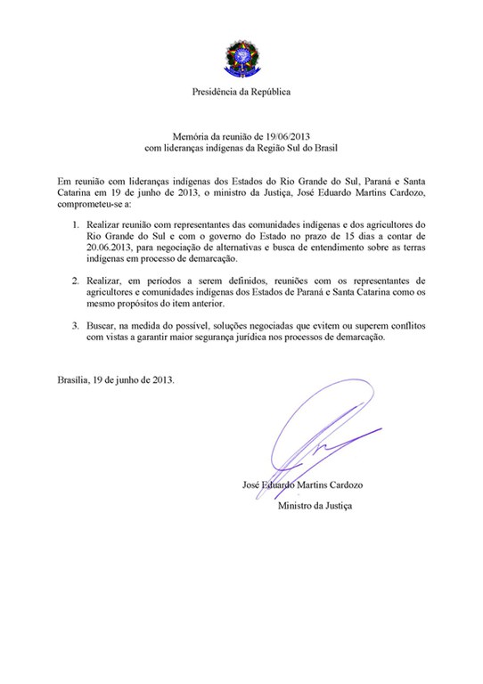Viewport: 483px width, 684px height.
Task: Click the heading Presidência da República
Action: coord(241,93)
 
